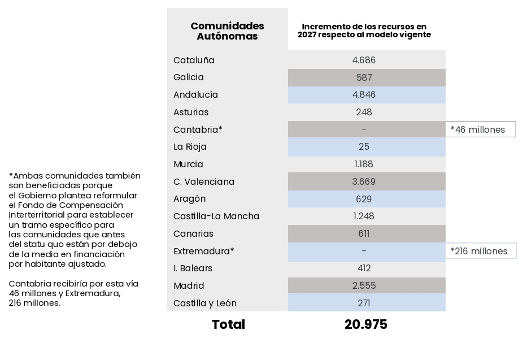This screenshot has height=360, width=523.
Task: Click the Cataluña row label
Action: click(x=194, y=60)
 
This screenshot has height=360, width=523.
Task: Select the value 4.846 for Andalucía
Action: click(x=364, y=95)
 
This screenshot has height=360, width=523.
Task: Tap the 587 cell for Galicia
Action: click(x=364, y=77)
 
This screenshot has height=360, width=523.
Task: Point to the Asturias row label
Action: click(x=191, y=112)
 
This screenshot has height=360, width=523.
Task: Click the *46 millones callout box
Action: click(x=480, y=129)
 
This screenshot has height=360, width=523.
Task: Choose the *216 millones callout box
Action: click(x=481, y=251)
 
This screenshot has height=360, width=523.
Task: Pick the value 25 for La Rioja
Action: click(x=364, y=147)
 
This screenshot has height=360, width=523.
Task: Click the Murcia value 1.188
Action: click(x=364, y=164)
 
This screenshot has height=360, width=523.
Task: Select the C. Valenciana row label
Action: click(x=204, y=182)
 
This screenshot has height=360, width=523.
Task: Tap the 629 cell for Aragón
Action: click(x=364, y=199)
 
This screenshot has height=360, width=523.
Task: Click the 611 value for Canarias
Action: click(x=364, y=234)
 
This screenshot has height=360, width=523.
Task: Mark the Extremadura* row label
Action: click(x=203, y=251)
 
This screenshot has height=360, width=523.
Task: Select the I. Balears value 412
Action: click(x=364, y=268)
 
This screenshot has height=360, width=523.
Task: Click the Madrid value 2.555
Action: click(x=364, y=286)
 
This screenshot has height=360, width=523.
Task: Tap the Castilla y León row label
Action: click(x=205, y=303)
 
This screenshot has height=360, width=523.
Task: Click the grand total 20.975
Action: click(x=365, y=325)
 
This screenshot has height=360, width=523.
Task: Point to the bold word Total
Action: click(x=228, y=325)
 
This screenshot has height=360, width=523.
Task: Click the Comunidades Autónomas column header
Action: click(x=227, y=31)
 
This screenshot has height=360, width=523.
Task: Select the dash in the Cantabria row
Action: click(x=364, y=129)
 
